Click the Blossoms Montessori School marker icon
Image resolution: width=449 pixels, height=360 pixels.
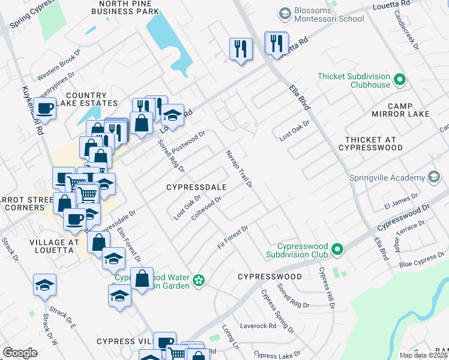point(285,13)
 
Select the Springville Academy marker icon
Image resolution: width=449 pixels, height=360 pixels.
point(433,177)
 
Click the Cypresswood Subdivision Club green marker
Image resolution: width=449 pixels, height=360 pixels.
point(337,248)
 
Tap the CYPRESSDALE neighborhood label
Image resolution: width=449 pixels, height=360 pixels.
point(196,187)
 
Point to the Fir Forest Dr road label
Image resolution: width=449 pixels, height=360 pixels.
point(233,237)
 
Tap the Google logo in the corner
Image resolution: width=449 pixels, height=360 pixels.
point(20,353)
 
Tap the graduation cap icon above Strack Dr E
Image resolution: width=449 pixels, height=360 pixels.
point(44,284)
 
